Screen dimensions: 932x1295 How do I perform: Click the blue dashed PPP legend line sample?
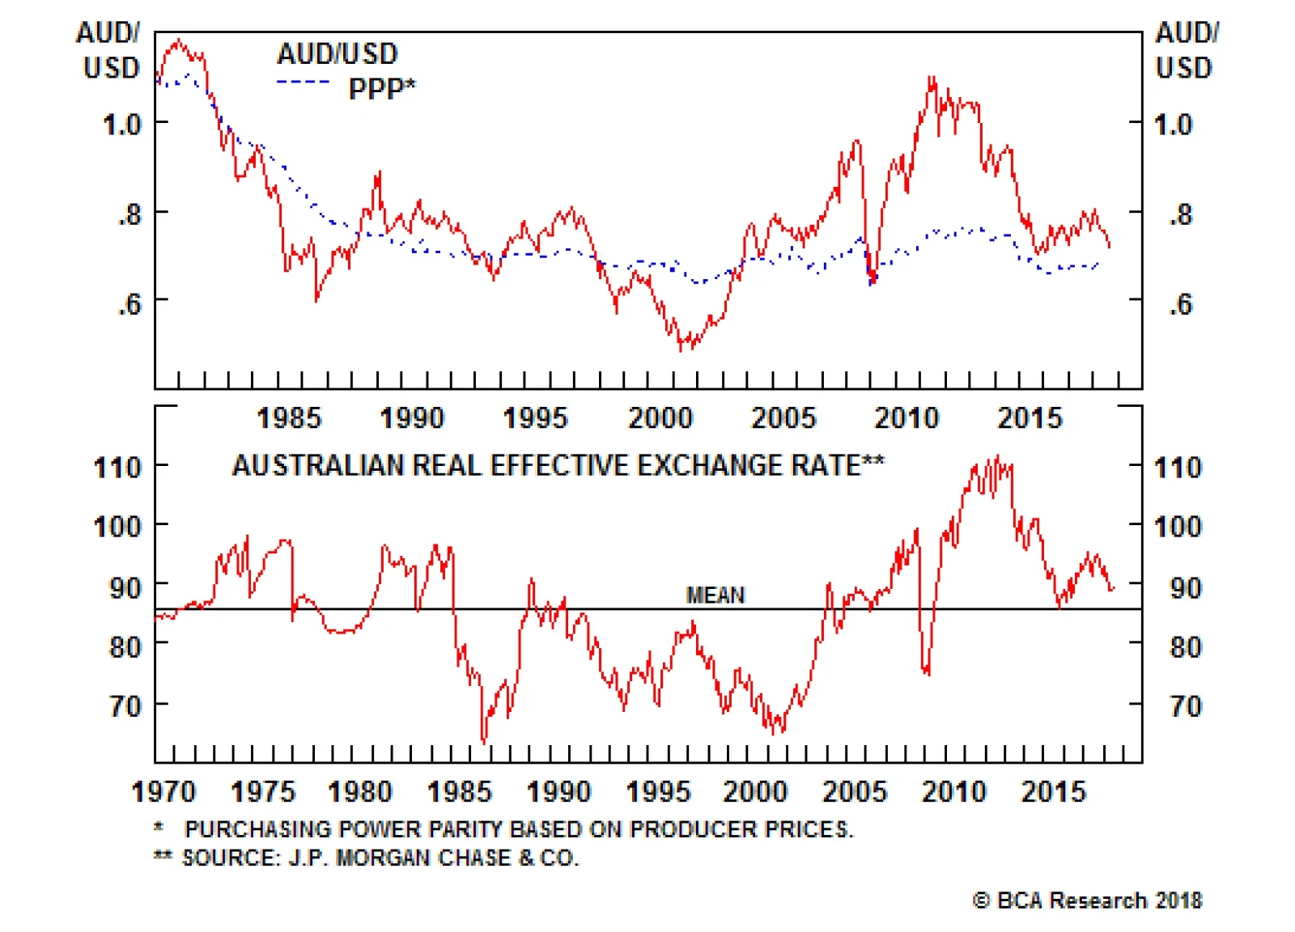(303, 82)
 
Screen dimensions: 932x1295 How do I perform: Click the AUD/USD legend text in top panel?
(338, 54)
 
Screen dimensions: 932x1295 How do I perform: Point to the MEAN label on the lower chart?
(715, 595)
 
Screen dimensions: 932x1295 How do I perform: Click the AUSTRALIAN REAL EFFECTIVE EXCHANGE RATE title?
(558, 465)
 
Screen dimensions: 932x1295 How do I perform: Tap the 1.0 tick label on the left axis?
(121, 125)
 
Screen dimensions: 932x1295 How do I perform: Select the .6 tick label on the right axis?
(1181, 304)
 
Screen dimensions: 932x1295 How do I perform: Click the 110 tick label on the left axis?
(118, 468)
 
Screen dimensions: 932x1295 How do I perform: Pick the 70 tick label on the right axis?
(1185, 706)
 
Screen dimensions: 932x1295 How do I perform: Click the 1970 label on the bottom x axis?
(163, 791)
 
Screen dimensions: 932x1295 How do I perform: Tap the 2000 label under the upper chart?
(660, 418)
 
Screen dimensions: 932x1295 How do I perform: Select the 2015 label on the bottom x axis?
(1053, 791)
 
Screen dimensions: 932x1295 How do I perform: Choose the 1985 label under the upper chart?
(289, 418)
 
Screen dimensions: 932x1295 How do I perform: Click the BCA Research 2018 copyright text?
(1088, 900)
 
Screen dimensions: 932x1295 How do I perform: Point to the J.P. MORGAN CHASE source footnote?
(380, 858)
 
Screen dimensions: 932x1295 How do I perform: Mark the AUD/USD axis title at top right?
(1185, 50)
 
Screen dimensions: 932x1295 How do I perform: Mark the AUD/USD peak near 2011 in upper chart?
(931, 78)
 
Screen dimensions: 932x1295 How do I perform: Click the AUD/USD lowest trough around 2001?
(681, 349)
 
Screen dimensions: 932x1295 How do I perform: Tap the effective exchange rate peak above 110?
(997, 457)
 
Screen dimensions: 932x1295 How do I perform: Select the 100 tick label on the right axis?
(1178, 527)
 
